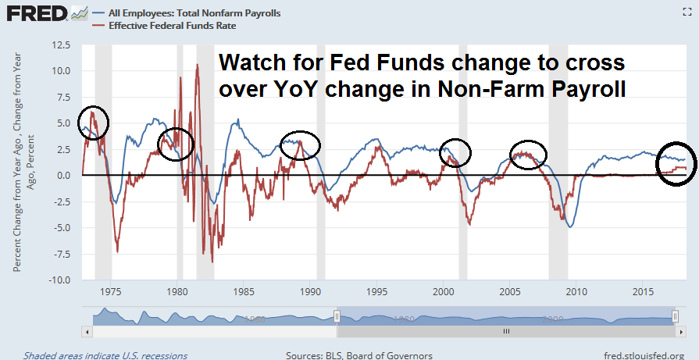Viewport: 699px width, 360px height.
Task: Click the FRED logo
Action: coord(33,14)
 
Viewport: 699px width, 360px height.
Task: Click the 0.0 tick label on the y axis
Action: coord(66,175)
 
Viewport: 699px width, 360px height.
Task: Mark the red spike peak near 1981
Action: coord(197,66)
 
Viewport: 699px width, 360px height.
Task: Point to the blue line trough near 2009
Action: coord(570,226)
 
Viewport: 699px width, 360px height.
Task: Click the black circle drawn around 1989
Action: coord(300,145)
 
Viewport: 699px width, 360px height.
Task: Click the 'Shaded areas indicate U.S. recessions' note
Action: coord(105,355)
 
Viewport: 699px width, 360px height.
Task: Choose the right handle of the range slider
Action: coord(676,315)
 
